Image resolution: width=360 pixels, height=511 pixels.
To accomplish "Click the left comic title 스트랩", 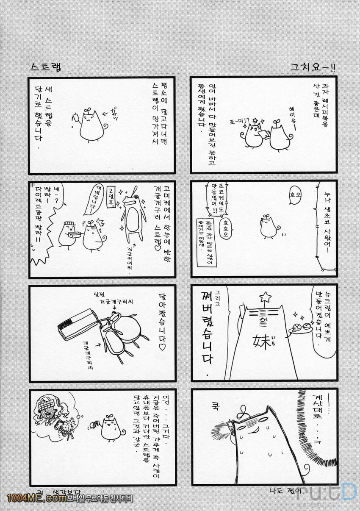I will coord(47,68).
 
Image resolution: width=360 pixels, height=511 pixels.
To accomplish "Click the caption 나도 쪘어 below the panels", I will coord(286,492).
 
